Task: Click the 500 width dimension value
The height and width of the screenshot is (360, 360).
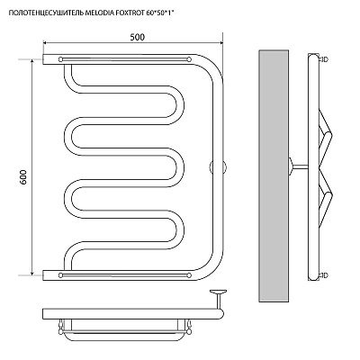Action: pyautogui.click(x=138, y=37)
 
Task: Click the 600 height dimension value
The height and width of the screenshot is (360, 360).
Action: pyautogui.click(x=24, y=177)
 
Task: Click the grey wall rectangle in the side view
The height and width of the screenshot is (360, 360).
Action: pyautogui.click(x=274, y=175)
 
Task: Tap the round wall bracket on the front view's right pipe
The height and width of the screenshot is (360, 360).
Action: pyautogui.click(x=218, y=166)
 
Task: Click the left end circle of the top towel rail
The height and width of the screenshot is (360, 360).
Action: pyautogui.click(x=61, y=59)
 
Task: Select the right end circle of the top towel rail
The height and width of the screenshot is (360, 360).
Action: pyautogui.click(x=189, y=59)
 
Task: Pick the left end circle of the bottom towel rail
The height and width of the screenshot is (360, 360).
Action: pyautogui.click(x=61, y=274)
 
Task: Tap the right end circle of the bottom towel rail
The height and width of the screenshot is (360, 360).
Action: pyautogui.click(x=189, y=274)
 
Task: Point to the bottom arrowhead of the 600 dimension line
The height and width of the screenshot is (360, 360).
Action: pyautogui.click(x=31, y=273)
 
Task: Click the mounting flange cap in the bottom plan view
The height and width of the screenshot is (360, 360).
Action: pyautogui.click(x=218, y=291)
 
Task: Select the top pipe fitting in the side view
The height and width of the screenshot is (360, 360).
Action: pyautogui.click(x=324, y=59)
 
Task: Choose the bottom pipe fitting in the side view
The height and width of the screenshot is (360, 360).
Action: pyautogui.click(x=324, y=275)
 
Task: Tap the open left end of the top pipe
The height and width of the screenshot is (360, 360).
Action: pyautogui.click(x=44, y=59)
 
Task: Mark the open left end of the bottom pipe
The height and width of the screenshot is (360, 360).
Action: pyautogui.click(x=44, y=275)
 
